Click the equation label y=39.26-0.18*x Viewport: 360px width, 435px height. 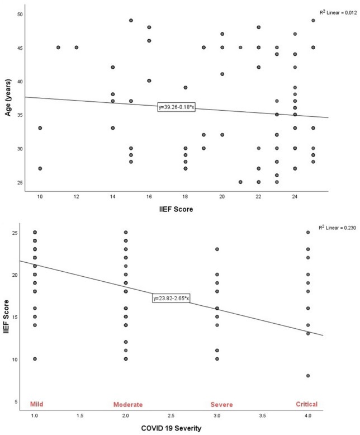(x=176, y=106)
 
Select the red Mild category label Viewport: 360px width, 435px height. (x=35, y=404)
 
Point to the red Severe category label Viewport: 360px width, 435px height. (x=217, y=404)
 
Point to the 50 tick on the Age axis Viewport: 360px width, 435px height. (x=20, y=14)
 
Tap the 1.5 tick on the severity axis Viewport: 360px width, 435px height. (x=80, y=417)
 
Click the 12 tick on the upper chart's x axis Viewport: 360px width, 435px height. (x=76, y=197)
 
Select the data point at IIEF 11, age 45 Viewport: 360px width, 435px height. (x=58, y=48)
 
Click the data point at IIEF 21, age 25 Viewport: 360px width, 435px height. (x=240, y=182)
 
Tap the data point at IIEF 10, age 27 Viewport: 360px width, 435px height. (x=40, y=168)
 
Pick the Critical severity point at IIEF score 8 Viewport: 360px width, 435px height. (x=308, y=376)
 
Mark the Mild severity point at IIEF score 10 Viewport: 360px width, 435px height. (x=35, y=359)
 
